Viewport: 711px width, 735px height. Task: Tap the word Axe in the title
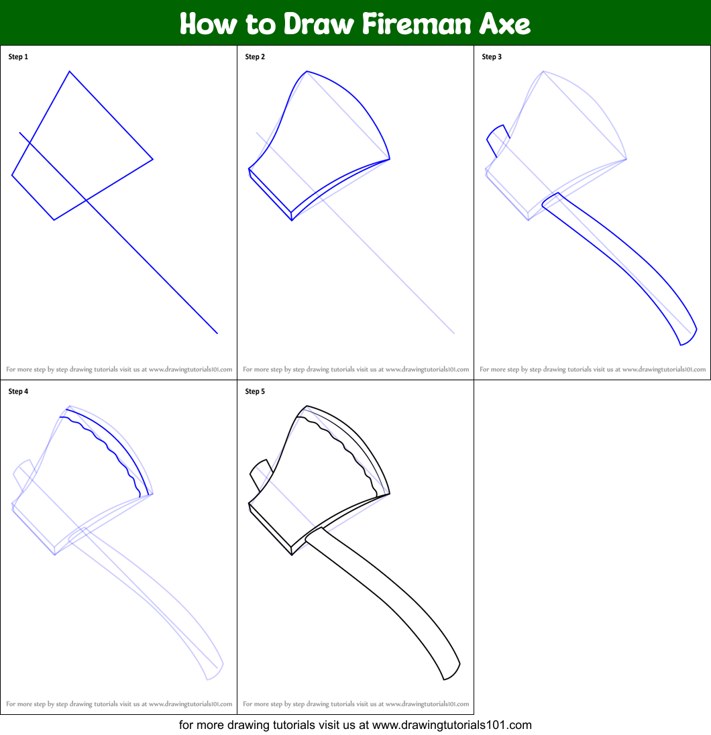tap(505, 23)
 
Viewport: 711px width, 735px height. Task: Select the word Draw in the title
tap(319, 23)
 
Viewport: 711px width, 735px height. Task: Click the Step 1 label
tap(18, 57)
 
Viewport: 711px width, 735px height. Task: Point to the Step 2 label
tap(255, 57)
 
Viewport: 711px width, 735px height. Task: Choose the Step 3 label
tap(492, 57)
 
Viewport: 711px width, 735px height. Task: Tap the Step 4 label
tap(18, 392)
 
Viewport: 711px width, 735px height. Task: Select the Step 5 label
tap(255, 392)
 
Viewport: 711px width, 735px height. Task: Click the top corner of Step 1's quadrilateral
tap(69, 71)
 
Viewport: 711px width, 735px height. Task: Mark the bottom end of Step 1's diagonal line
tap(217, 333)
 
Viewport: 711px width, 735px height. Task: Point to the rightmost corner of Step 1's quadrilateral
tap(153, 160)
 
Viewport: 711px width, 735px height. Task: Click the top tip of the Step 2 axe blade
tap(307, 71)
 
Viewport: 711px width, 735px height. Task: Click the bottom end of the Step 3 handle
tap(681, 345)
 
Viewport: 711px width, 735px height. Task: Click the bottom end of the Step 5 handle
tap(444, 679)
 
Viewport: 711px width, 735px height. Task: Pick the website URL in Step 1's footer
tap(190, 370)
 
